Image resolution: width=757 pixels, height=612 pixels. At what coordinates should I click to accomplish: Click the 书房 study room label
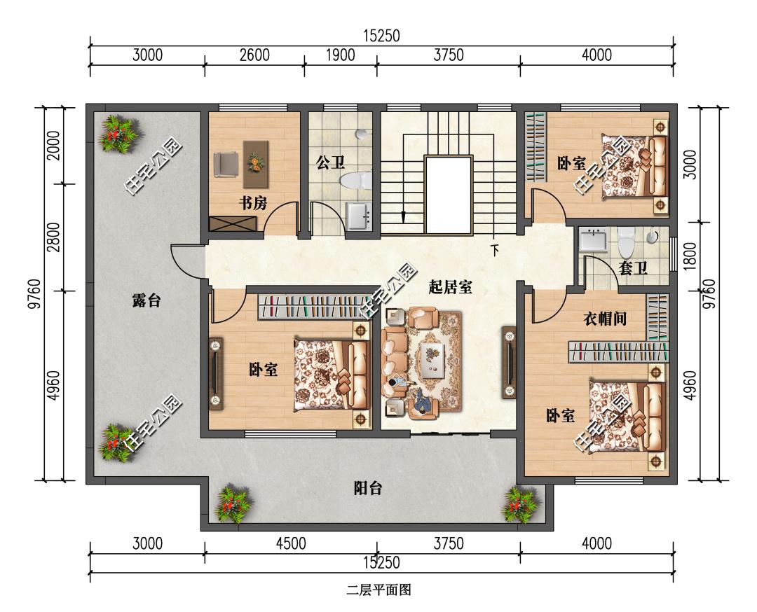253,204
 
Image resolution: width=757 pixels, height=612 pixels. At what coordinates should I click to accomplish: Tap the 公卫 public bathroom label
330,162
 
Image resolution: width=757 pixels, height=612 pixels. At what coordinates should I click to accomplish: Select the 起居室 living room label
451,287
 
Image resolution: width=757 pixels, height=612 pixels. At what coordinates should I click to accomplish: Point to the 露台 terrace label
146,301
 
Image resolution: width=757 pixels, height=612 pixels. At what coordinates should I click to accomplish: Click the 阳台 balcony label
368,488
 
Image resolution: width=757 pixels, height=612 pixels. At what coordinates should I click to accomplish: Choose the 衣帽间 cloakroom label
605,319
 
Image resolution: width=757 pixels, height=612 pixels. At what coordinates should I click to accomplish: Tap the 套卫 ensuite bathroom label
633,268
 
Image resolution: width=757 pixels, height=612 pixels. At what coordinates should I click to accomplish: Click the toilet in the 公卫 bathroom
356,181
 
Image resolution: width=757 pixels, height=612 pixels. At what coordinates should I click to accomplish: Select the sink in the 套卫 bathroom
594,239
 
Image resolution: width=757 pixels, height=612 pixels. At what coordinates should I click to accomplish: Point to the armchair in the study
226,164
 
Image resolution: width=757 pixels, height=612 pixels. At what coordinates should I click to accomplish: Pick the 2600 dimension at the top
254,55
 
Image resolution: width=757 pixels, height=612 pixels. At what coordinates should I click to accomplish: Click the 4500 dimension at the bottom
291,544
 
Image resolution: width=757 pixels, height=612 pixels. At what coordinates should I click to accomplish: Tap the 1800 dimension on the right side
690,256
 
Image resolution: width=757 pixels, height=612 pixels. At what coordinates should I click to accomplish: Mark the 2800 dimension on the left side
55,237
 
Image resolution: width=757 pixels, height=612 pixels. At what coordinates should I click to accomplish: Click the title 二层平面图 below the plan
378,590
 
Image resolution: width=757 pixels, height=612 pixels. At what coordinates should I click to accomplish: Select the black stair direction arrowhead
403,216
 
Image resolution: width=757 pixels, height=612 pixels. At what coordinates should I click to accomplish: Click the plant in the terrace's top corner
118,134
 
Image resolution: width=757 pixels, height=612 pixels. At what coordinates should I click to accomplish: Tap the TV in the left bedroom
215,373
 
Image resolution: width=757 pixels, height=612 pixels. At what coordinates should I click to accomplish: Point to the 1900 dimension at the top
341,55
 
